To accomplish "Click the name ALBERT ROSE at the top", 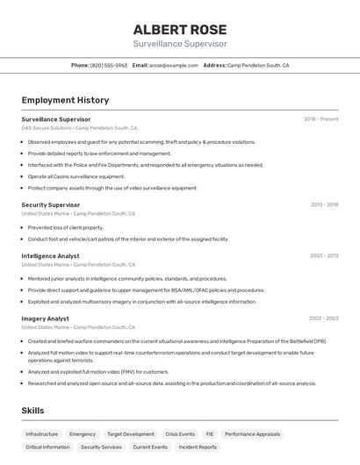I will [x=180, y=29].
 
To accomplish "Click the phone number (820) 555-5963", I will [x=108, y=65].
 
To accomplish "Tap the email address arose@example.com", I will [x=173, y=65].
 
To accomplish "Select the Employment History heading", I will [x=65, y=100].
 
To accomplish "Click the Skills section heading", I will [x=32, y=410].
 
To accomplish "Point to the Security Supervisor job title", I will [x=51, y=205].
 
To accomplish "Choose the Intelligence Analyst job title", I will [x=50, y=256].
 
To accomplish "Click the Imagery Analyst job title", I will [x=45, y=318].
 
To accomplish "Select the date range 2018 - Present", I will [x=320, y=119].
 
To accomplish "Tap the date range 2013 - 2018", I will [x=324, y=205].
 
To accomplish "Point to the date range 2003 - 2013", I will [x=324, y=256].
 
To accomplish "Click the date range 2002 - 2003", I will [x=324, y=318].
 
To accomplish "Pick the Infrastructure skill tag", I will [x=42, y=433].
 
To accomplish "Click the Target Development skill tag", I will [x=130, y=433].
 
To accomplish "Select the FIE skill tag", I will [x=210, y=433].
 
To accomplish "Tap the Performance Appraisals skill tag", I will [x=252, y=433].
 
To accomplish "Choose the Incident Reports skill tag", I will [x=198, y=447].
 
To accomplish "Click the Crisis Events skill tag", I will [x=180, y=433].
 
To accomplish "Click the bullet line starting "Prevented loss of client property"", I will [x=66, y=227].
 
